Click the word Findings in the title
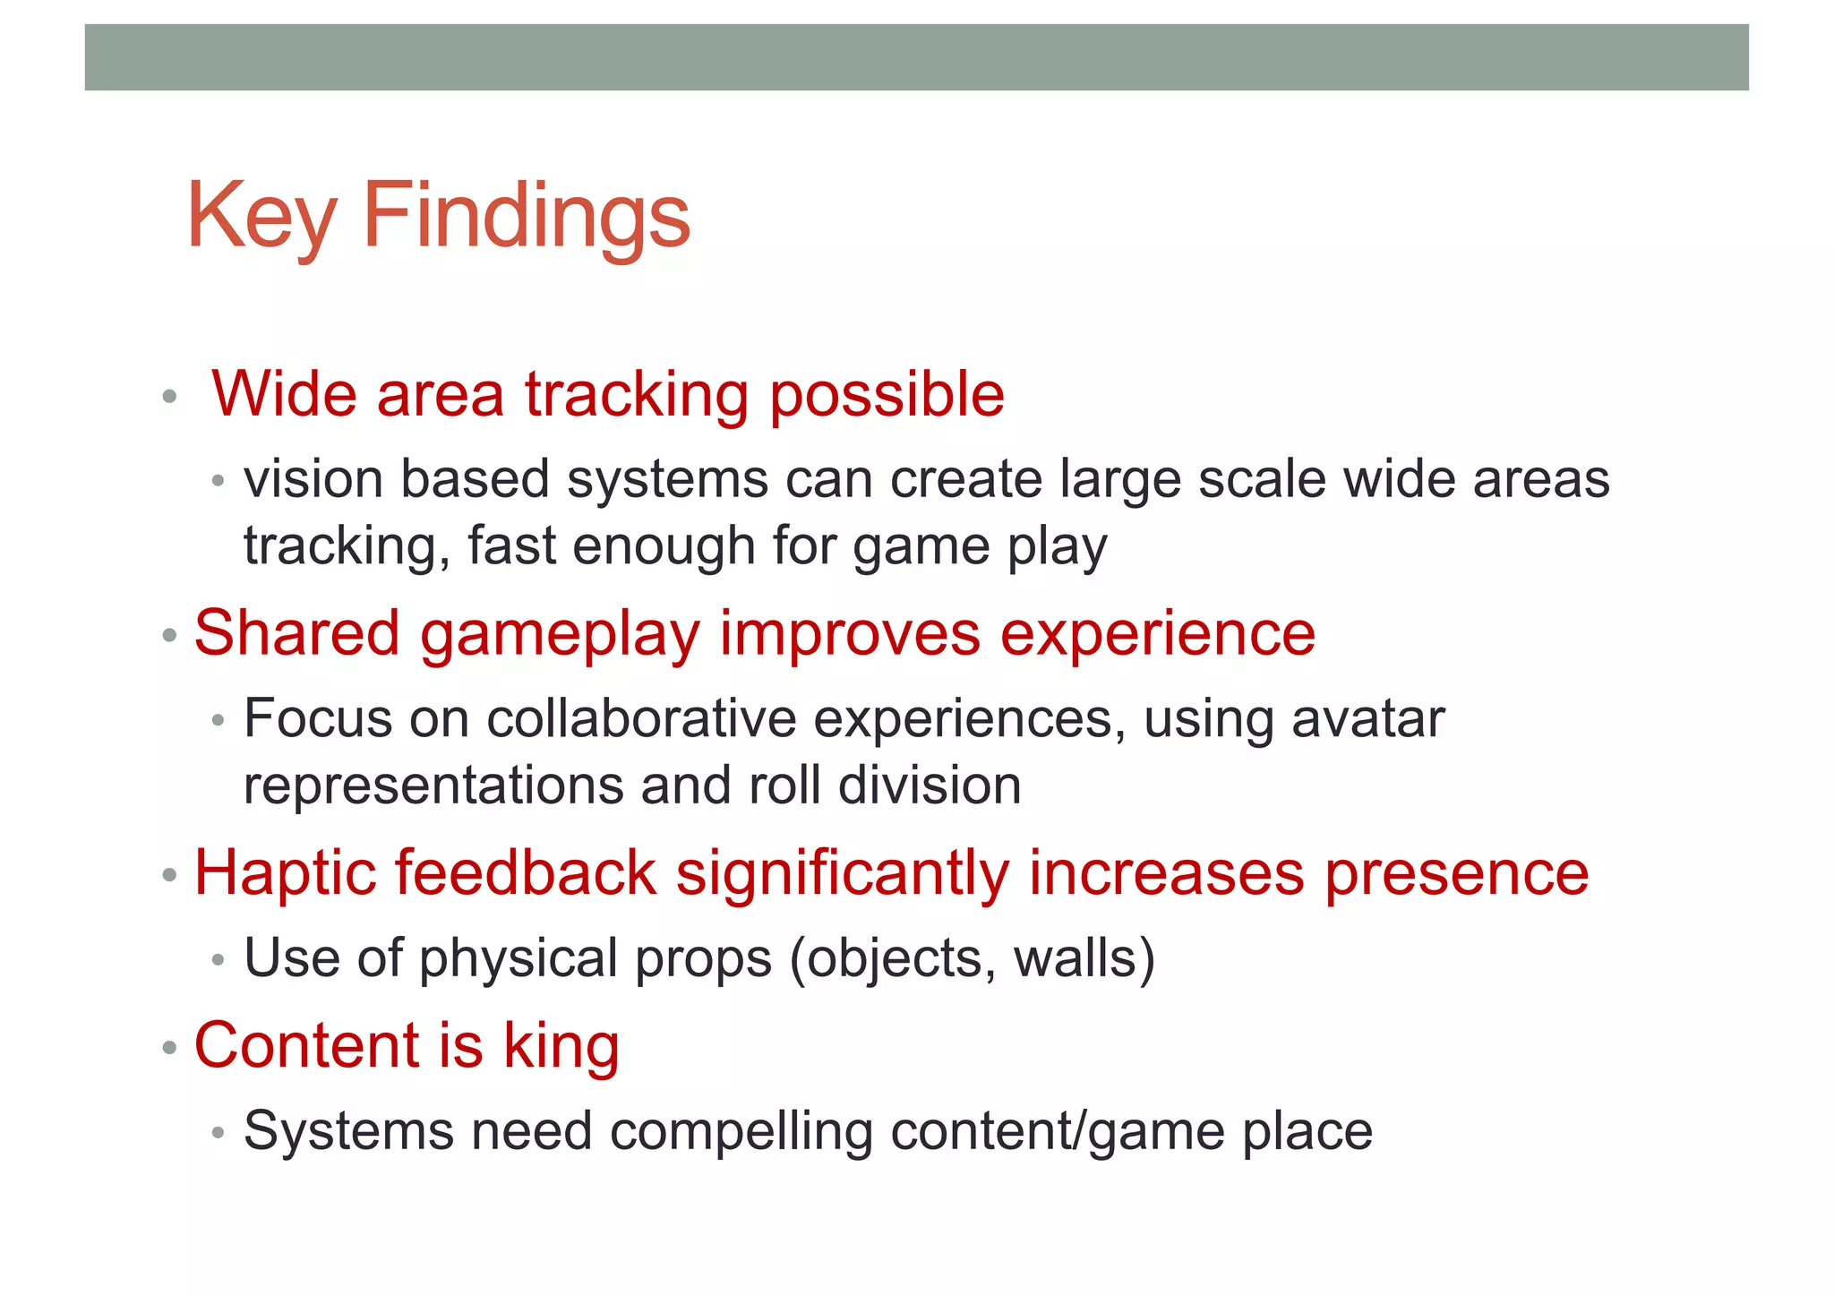click(527, 217)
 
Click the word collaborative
click(641, 719)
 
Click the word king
click(561, 1046)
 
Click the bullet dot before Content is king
click(169, 1047)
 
